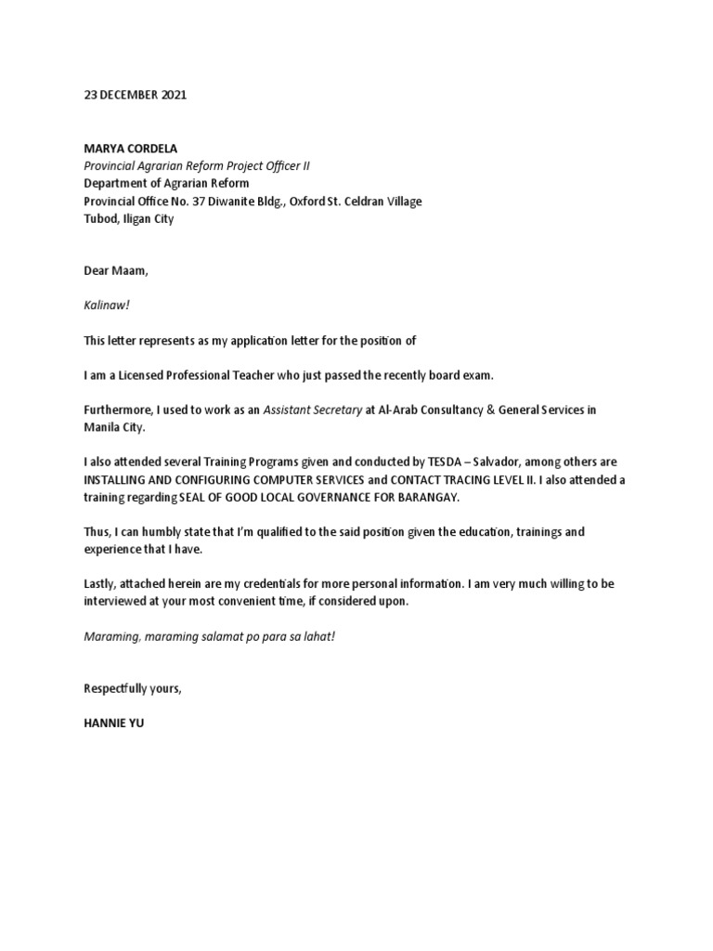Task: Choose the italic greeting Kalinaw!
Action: point(107,306)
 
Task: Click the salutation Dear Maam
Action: point(116,270)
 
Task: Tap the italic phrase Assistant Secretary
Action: point(313,410)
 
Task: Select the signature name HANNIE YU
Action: point(113,720)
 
